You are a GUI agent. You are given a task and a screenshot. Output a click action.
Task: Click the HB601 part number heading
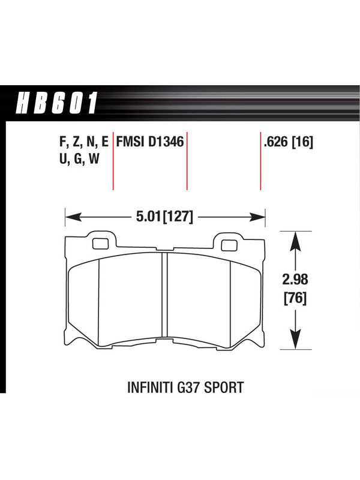click(56, 103)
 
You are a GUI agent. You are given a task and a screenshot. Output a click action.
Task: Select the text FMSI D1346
click(150, 142)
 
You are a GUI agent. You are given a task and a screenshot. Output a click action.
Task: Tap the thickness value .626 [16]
click(288, 142)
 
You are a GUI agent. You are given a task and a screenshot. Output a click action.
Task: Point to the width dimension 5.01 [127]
click(164, 217)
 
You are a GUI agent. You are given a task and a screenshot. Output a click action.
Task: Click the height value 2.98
click(295, 280)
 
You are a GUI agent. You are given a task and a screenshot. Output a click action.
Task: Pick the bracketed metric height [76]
click(295, 298)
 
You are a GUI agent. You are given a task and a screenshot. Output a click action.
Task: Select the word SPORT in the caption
click(224, 387)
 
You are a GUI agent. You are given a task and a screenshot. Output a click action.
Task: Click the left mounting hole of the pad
click(100, 244)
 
